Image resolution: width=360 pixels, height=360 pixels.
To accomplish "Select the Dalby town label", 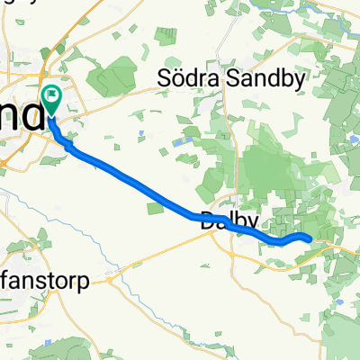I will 229,220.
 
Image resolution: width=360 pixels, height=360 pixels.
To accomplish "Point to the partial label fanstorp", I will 49,281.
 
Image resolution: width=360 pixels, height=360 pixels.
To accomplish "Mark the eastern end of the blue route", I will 310,238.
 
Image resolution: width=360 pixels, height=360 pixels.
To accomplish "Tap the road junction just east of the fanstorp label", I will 108,280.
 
